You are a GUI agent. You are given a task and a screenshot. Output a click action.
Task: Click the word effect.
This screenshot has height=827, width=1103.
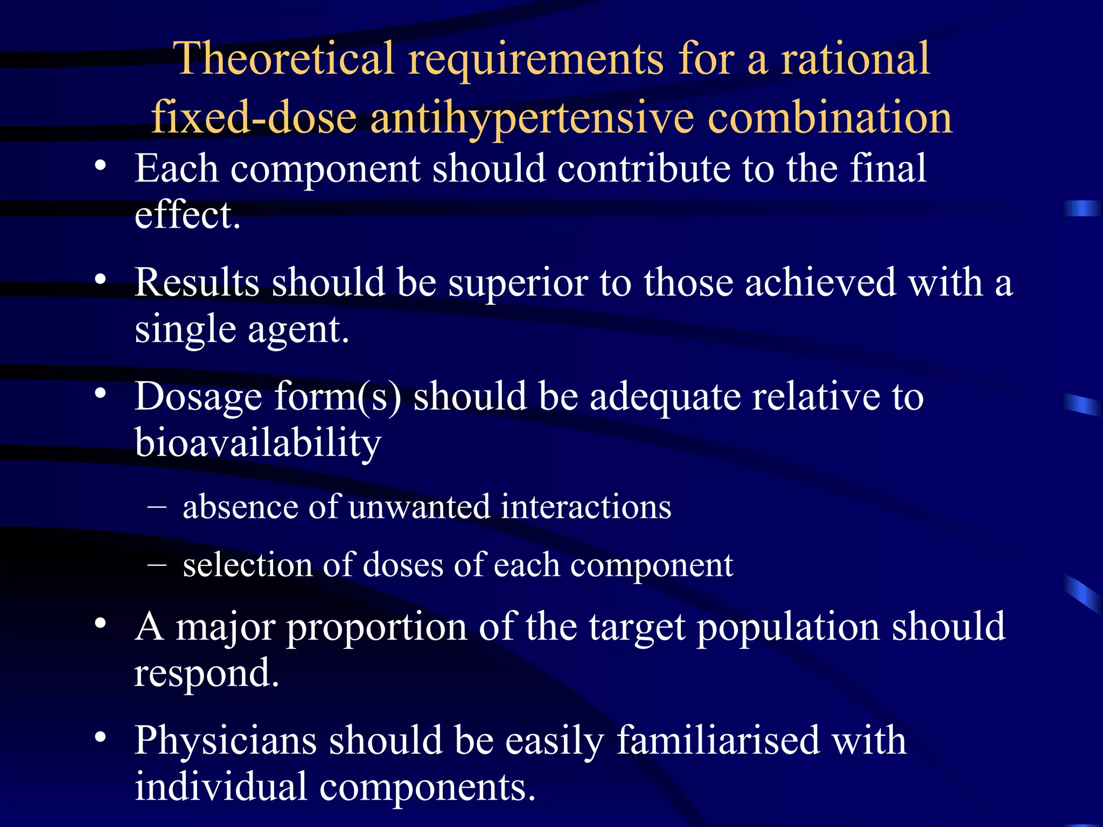click(187, 215)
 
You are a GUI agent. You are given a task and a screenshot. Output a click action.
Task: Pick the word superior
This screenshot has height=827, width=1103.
click(518, 283)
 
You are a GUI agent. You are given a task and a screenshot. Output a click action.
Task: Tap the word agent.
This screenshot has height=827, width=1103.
click(298, 330)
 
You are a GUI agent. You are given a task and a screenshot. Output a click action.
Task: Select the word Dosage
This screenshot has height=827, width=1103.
click(198, 397)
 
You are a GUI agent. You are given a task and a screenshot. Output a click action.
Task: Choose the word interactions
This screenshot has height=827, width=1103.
click(586, 507)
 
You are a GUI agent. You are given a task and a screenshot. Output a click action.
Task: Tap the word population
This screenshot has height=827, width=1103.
click(788, 627)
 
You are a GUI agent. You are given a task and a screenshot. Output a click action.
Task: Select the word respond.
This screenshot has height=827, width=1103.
click(206, 673)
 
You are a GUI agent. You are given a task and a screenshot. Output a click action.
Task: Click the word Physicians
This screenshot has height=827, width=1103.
click(225, 741)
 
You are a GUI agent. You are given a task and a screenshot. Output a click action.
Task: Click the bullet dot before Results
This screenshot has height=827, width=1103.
click(100, 279)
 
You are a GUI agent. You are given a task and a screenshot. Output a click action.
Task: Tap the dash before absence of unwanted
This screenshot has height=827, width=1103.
click(156, 507)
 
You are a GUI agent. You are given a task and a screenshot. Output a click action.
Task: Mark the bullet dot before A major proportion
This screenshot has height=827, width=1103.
click(100, 623)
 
